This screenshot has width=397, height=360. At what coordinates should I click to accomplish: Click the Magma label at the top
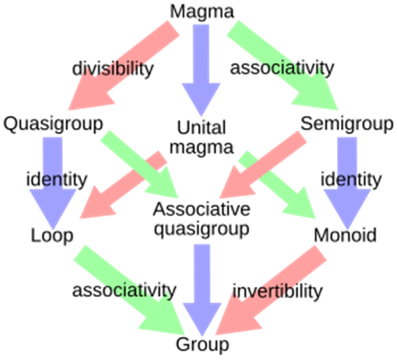[x=202, y=12]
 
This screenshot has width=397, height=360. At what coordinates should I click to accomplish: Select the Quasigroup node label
[x=53, y=124]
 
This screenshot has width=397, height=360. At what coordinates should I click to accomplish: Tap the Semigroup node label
[x=347, y=124]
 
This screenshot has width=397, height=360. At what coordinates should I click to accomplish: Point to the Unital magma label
[x=201, y=137]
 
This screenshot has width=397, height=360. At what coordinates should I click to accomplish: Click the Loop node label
[x=52, y=235]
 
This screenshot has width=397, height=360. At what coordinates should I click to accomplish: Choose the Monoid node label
[x=345, y=235]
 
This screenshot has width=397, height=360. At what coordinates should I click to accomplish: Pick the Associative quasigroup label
[x=201, y=219]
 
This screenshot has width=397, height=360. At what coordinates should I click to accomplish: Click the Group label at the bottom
[x=202, y=344]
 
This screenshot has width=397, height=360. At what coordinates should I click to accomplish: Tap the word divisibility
[x=113, y=69]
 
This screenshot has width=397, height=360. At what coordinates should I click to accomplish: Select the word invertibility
[x=278, y=291]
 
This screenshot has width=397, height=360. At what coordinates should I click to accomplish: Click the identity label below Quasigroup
[x=57, y=180]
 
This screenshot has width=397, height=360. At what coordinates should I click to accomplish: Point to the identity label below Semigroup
[x=351, y=180]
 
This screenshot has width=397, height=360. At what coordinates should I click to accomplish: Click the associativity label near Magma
[x=282, y=68]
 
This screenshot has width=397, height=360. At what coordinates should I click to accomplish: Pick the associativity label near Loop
[x=124, y=291]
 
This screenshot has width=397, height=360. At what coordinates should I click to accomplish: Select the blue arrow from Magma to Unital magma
[x=201, y=70]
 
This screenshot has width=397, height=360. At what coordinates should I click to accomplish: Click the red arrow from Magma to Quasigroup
[x=124, y=65]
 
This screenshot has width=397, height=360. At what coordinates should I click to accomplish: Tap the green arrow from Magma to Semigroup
[x=282, y=65]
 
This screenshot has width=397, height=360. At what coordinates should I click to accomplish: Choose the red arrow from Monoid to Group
[x=271, y=291]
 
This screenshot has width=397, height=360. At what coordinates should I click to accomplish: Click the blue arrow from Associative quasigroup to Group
[x=202, y=291]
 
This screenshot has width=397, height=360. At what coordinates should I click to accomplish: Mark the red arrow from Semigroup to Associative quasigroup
[x=263, y=164]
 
